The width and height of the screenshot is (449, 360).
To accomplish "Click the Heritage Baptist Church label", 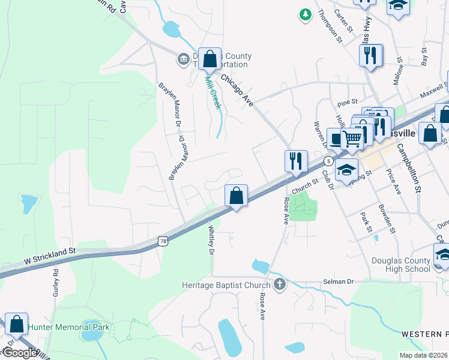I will click(x=227, y=284).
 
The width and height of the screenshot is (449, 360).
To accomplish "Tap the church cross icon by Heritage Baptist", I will click(x=279, y=284).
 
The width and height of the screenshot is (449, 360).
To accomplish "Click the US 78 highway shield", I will click(x=163, y=240).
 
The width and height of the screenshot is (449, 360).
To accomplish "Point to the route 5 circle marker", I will click(x=328, y=161).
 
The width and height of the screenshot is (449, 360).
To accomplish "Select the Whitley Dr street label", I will click(x=211, y=240).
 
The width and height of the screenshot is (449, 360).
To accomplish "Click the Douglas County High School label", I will click(x=401, y=265).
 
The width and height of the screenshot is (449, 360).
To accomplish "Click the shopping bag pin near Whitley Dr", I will click(x=237, y=196).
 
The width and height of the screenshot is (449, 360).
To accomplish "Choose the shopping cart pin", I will click(x=352, y=139).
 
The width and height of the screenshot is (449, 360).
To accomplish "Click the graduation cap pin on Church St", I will click(x=346, y=169).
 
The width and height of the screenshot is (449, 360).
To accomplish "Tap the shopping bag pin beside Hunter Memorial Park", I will click(x=16, y=324).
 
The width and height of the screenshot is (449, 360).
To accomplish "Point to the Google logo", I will click(x=19, y=353).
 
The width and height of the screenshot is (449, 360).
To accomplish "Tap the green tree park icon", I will click(x=306, y=13).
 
